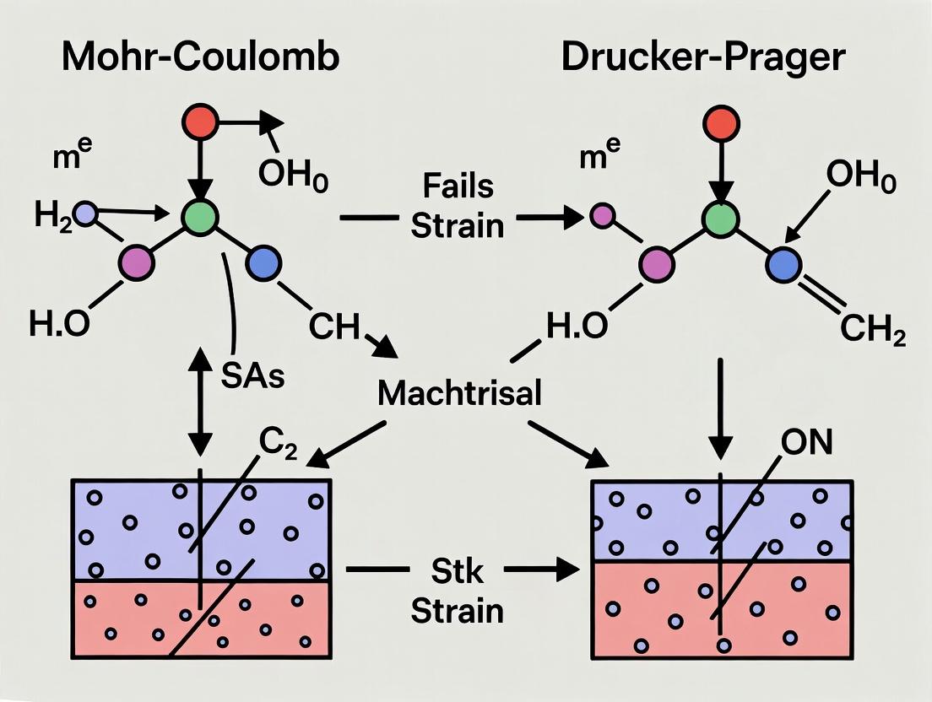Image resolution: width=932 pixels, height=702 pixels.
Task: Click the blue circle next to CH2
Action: coord(783,265)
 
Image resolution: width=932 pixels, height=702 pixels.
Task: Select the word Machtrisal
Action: coord(459,393)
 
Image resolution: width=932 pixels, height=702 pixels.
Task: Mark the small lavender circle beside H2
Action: coord(86,217)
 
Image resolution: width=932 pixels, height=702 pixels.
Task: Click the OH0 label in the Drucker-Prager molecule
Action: coord(861,178)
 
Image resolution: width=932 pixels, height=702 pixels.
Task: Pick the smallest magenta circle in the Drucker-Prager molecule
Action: coord(601,216)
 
